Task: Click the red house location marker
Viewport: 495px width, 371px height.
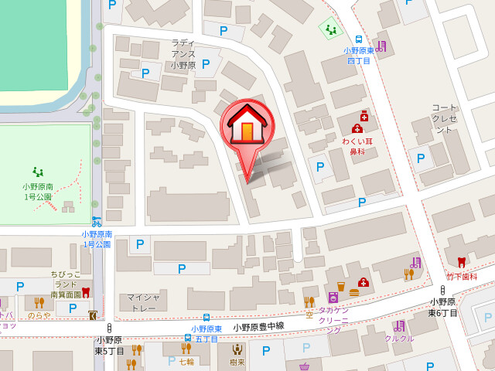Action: click(x=247, y=128)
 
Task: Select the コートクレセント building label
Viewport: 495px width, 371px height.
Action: click(x=445, y=118)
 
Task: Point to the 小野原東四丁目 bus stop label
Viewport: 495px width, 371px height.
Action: click(x=357, y=55)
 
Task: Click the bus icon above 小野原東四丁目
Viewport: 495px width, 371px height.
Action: click(x=358, y=39)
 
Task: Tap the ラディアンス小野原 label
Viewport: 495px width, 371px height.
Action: click(x=184, y=54)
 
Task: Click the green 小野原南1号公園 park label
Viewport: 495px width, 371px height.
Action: click(x=36, y=191)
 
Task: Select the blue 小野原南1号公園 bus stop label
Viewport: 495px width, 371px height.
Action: click(x=97, y=239)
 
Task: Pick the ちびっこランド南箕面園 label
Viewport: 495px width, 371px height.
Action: click(x=66, y=284)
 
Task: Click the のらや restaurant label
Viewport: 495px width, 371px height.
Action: click(x=39, y=315)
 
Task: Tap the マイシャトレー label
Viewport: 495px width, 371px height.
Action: click(x=143, y=302)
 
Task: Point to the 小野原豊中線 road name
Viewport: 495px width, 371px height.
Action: click(x=258, y=326)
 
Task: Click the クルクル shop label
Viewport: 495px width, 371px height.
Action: click(x=399, y=339)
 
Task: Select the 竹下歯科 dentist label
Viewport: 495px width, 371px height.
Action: click(x=462, y=276)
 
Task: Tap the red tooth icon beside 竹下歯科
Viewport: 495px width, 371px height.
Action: click(x=462, y=262)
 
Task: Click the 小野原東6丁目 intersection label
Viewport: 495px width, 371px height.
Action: click(x=443, y=308)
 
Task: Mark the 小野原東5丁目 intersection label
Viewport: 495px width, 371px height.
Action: click(x=109, y=345)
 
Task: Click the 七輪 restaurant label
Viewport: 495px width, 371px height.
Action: click(x=186, y=361)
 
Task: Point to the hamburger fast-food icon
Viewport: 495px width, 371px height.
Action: click(x=354, y=292)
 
